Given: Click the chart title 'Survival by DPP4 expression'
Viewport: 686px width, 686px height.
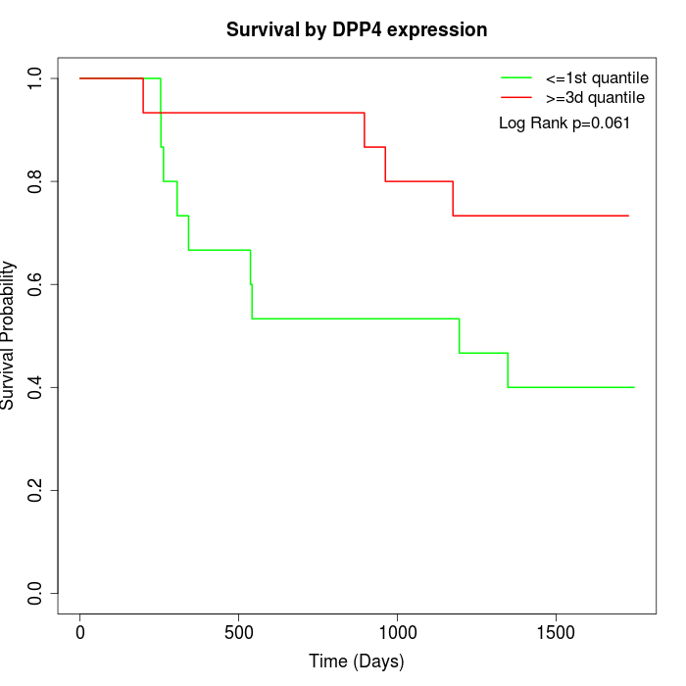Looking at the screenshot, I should point(357,29).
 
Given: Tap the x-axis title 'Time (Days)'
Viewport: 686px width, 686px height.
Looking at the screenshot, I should point(357,661).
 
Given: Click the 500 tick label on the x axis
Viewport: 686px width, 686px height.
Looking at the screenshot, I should point(239,632).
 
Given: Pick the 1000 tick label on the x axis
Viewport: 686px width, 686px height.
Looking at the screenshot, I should point(398,632).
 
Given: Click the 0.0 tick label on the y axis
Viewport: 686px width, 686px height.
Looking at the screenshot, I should point(36,594).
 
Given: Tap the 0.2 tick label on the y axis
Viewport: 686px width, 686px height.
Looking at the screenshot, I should point(36,490).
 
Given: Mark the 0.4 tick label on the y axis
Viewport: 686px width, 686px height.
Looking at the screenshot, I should point(36,387).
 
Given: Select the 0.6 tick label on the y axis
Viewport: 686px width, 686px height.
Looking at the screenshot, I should point(36,284).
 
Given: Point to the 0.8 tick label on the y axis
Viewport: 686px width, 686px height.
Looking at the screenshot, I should point(36,181).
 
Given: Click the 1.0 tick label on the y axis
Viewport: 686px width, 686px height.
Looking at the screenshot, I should point(36,78).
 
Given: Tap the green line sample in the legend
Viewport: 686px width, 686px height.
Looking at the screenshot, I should point(516,77).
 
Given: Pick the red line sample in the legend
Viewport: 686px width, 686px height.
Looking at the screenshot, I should point(516,97).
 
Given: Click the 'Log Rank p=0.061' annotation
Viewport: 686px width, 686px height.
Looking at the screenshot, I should point(564,123).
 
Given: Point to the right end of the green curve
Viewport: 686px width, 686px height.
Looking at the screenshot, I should point(634,387).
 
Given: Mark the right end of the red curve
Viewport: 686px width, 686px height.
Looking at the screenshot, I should point(628,216).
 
